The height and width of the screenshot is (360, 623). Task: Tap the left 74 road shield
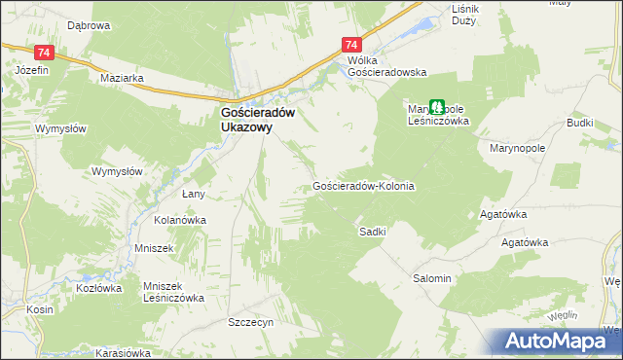point(43,52)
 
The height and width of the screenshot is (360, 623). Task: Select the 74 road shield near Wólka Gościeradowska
point(352,46)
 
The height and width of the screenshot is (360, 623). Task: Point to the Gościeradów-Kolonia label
point(364,185)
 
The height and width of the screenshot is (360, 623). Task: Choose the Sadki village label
point(373,232)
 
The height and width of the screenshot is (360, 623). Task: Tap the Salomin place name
point(432,278)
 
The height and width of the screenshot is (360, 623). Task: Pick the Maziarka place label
point(122,76)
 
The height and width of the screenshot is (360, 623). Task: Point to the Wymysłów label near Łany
point(117,171)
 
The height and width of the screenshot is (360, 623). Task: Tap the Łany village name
point(193,195)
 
